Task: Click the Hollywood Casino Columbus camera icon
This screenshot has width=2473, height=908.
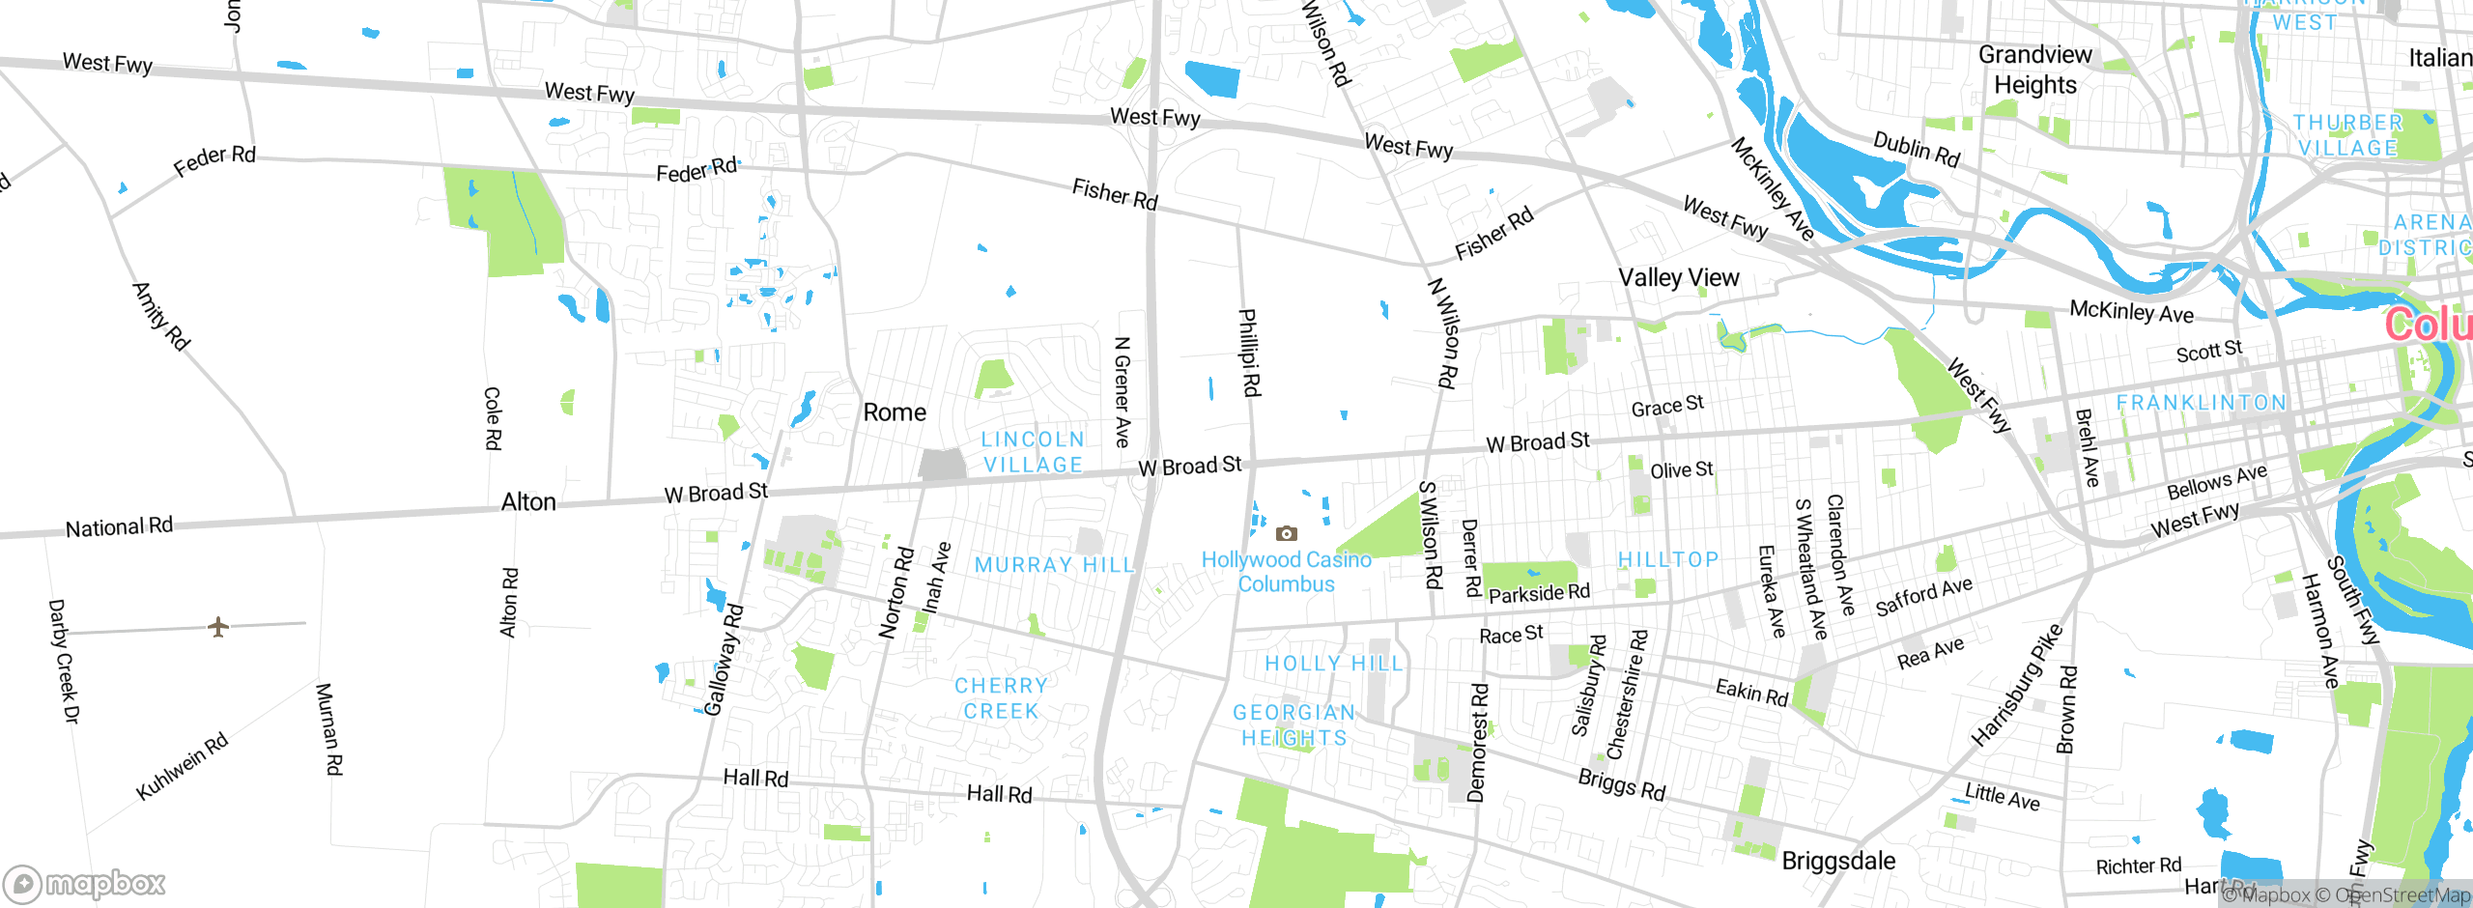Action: [1286, 533]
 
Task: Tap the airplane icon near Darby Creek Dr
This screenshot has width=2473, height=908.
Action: [218, 627]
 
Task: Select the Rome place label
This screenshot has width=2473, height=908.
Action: [895, 412]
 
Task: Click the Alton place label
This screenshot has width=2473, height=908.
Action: [528, 502]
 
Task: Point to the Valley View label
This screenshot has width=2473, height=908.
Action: [1678, 278]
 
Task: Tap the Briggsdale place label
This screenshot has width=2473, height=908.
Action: [1837, 861]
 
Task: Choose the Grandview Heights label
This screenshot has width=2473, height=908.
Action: [2034, 70]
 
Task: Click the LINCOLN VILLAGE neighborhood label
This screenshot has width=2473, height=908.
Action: [1033, 452]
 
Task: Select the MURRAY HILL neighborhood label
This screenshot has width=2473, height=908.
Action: [1053, 565]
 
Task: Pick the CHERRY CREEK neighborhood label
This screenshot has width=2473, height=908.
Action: [1001, 698]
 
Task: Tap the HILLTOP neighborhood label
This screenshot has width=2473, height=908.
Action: [1668, 560]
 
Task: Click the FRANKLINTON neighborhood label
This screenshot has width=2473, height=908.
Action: [2202, 403]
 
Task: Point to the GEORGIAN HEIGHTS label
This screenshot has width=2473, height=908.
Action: [1294, 725]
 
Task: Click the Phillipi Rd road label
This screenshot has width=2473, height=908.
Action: [1249, 353]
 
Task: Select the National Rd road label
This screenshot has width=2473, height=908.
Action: [119, 527]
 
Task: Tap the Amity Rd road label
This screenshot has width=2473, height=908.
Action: [161, 316]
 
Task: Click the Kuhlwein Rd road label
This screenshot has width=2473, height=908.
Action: [182, 766]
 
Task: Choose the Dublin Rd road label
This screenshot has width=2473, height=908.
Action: [1917, 150]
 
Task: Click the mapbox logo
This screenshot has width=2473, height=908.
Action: [85, 883]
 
